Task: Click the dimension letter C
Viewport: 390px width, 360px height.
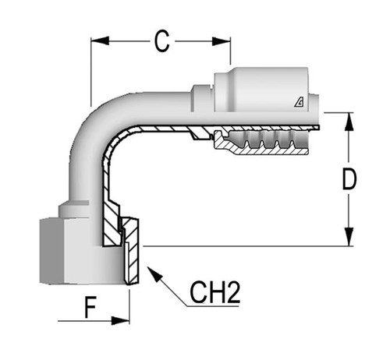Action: pos(161,41)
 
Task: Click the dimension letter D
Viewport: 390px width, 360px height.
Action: pos(349,178)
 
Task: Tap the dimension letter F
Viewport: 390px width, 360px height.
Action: pos(90,307)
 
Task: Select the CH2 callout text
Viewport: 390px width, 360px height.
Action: pos(214,292)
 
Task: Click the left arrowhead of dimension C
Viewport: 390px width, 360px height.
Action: pos(100,41)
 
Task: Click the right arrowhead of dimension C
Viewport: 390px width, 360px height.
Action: pos(222,41)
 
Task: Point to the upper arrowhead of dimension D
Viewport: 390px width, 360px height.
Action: pos(349,122)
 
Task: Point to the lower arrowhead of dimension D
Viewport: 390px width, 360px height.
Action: pos(349,236)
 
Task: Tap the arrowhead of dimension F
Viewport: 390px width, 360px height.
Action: pos(120,320)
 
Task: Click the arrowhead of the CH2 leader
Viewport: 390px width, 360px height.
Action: pos(154,274)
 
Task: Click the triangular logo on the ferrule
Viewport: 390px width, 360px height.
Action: pos(299,102)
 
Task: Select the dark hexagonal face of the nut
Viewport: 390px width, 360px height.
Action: pos(51,251)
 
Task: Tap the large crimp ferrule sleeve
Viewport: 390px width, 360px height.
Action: pos(261,90)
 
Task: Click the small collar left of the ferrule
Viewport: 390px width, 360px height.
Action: pos(202,98)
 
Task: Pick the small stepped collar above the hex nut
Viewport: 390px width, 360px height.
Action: pos(74,210)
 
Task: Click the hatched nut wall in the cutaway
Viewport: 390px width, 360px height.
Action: pos(132,252)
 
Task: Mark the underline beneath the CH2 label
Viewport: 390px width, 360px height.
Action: pos(213,306)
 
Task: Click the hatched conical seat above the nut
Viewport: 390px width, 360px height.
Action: pos(112,223)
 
